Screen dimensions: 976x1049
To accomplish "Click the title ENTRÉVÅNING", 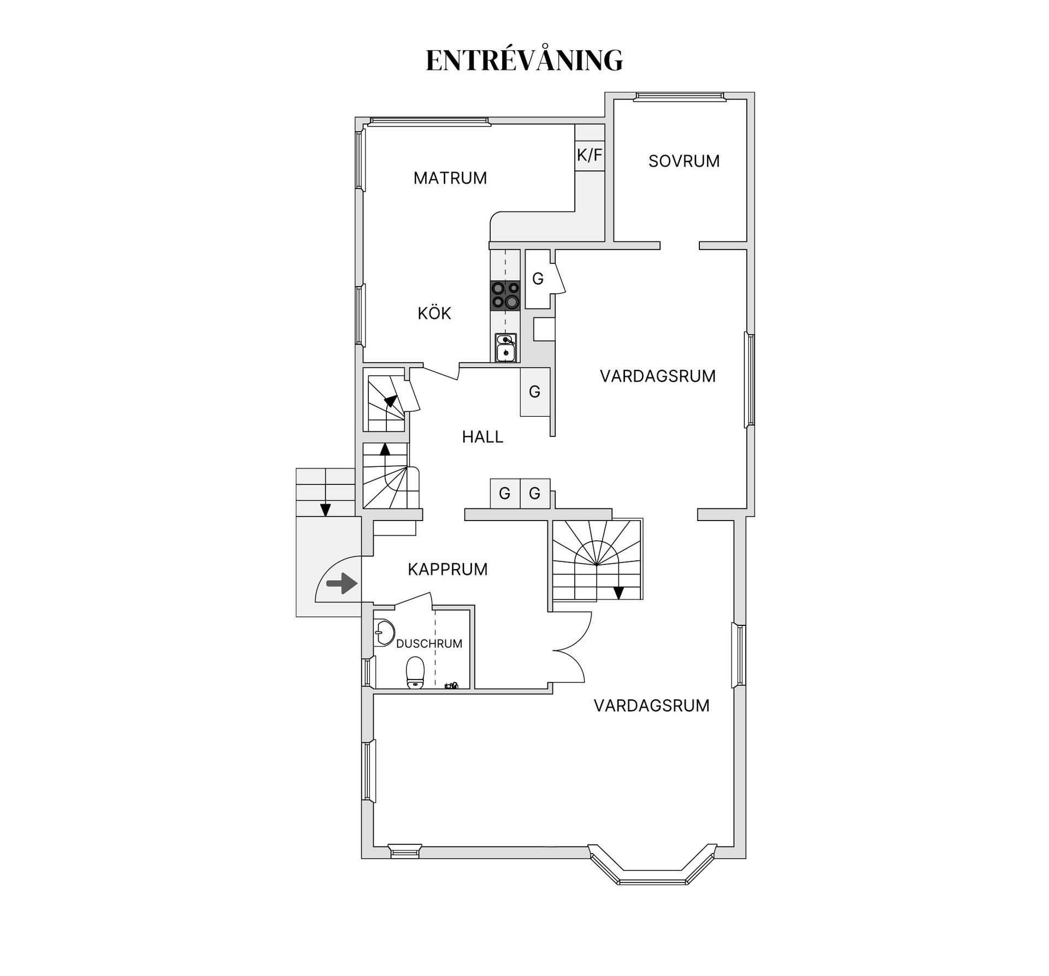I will [x=524, y=60].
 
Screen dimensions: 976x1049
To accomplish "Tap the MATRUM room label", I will [x=450, y=178].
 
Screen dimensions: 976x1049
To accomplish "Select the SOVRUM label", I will [x=683, y=161].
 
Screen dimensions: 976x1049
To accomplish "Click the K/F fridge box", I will [x=590, y=155].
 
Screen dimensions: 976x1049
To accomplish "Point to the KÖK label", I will [x=434, y=313].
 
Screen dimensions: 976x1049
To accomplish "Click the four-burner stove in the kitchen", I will [x=505, y=295].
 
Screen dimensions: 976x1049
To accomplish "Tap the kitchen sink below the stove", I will [x=505, y=348].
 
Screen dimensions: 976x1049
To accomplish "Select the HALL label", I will [x=482, y=437].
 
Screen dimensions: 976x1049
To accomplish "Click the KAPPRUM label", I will [x=447, y=570].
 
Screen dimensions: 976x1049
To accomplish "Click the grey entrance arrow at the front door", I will [x=342, y=583].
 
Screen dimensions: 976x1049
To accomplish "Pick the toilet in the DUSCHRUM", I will [x=415, y=672].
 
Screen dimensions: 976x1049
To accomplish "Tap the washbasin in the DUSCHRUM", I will [x=385, y=633].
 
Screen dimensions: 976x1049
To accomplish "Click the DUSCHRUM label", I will [x=429, y=644].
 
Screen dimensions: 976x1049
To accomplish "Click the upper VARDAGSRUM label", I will [x=657, y=376].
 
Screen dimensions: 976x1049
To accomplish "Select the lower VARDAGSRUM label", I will [x=651, y=706].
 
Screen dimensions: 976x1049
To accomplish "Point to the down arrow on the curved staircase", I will [x=618, y=592].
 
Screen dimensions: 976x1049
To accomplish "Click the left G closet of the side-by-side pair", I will [x=504, y=494].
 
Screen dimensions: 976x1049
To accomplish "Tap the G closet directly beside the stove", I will [x=538, y=279].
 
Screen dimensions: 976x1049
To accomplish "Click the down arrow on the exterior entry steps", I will [x=325, y=509].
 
